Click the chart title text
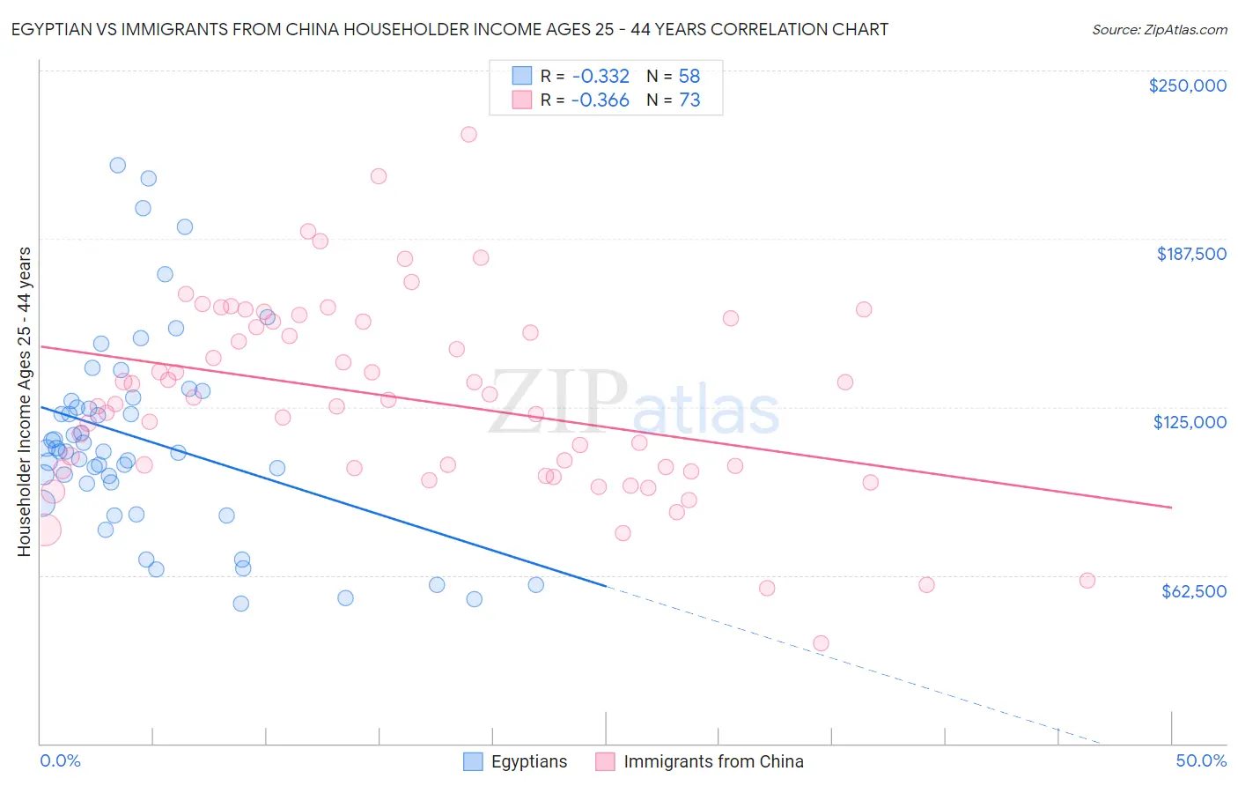[450, 29]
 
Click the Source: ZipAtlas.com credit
[1159, 29]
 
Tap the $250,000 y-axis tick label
[1187, 85]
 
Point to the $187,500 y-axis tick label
[1190, 254]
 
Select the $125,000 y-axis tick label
[1190, 422]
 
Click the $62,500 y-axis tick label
[1193, 591]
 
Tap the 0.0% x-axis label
[60, 760]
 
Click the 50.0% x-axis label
[1201, 760]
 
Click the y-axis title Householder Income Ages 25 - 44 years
[25, 402]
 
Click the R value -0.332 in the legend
[600, 76]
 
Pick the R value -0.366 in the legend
[600, 100]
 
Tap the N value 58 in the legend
[689, 76]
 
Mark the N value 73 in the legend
[689, 100]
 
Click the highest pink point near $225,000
[468, 134]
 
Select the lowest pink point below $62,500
[821, 643]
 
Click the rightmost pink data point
[1087, 581]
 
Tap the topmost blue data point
[117, 165]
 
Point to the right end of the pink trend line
[1171, 508]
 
